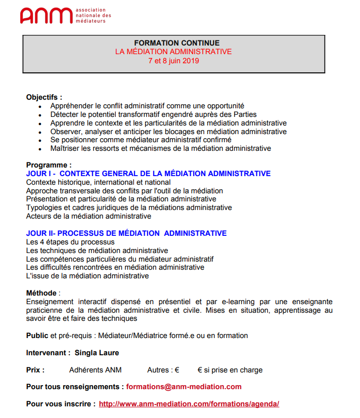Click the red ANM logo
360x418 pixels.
(x=46, y=16)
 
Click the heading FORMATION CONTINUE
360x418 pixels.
(x=173, y=43)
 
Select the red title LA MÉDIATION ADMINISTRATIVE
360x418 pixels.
(x=173, y=52)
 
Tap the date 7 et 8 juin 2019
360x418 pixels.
(x=173, y=61)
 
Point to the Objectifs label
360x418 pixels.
(x=44, y=97)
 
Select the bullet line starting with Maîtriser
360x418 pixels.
(x=160, y=148)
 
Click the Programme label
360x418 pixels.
(x=49, y=165)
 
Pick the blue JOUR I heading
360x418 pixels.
(x=148, y=174)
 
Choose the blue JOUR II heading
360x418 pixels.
(x=126, y=233)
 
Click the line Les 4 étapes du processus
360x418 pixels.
(x=70, y=242)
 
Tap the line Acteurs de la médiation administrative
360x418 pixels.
(x=88, y=216)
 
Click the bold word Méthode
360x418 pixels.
(x=41, y=293)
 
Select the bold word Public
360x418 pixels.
(x=37, y=336)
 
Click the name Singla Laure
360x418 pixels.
(x=97, y=353)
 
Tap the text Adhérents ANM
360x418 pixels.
(x=95, y=370)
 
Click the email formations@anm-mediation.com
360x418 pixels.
(x=184, y=387)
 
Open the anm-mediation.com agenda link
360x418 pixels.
(x=189, y=404)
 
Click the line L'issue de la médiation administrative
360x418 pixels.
(x=87, y=276)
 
